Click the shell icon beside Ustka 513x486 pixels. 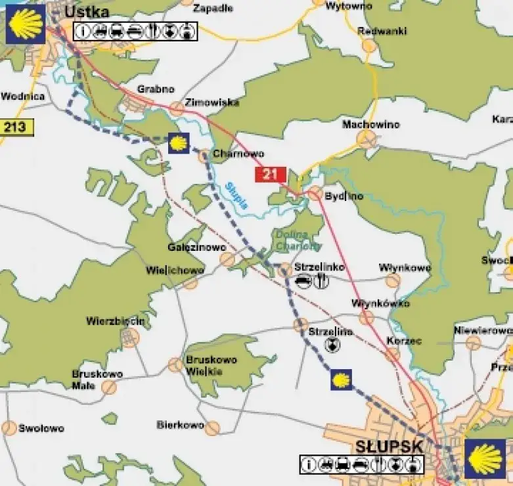pos(26,24)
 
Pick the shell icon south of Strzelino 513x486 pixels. pos(340,380)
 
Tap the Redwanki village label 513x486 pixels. pos(382,31)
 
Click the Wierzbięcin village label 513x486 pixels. pos(115,321)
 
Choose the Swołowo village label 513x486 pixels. pos(41,428)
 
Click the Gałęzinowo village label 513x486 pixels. pos(196,248)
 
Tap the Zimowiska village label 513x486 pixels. pos(212,102)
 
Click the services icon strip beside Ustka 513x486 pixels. pos(135,30)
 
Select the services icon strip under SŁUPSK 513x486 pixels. pos(361,464)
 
